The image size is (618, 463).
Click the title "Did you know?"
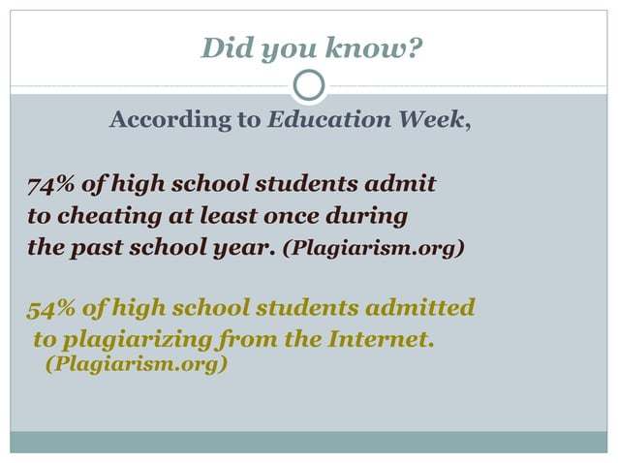click(311, 46)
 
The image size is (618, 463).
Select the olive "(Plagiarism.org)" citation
click(137, 365)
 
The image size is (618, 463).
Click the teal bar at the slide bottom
click(309, 442)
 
